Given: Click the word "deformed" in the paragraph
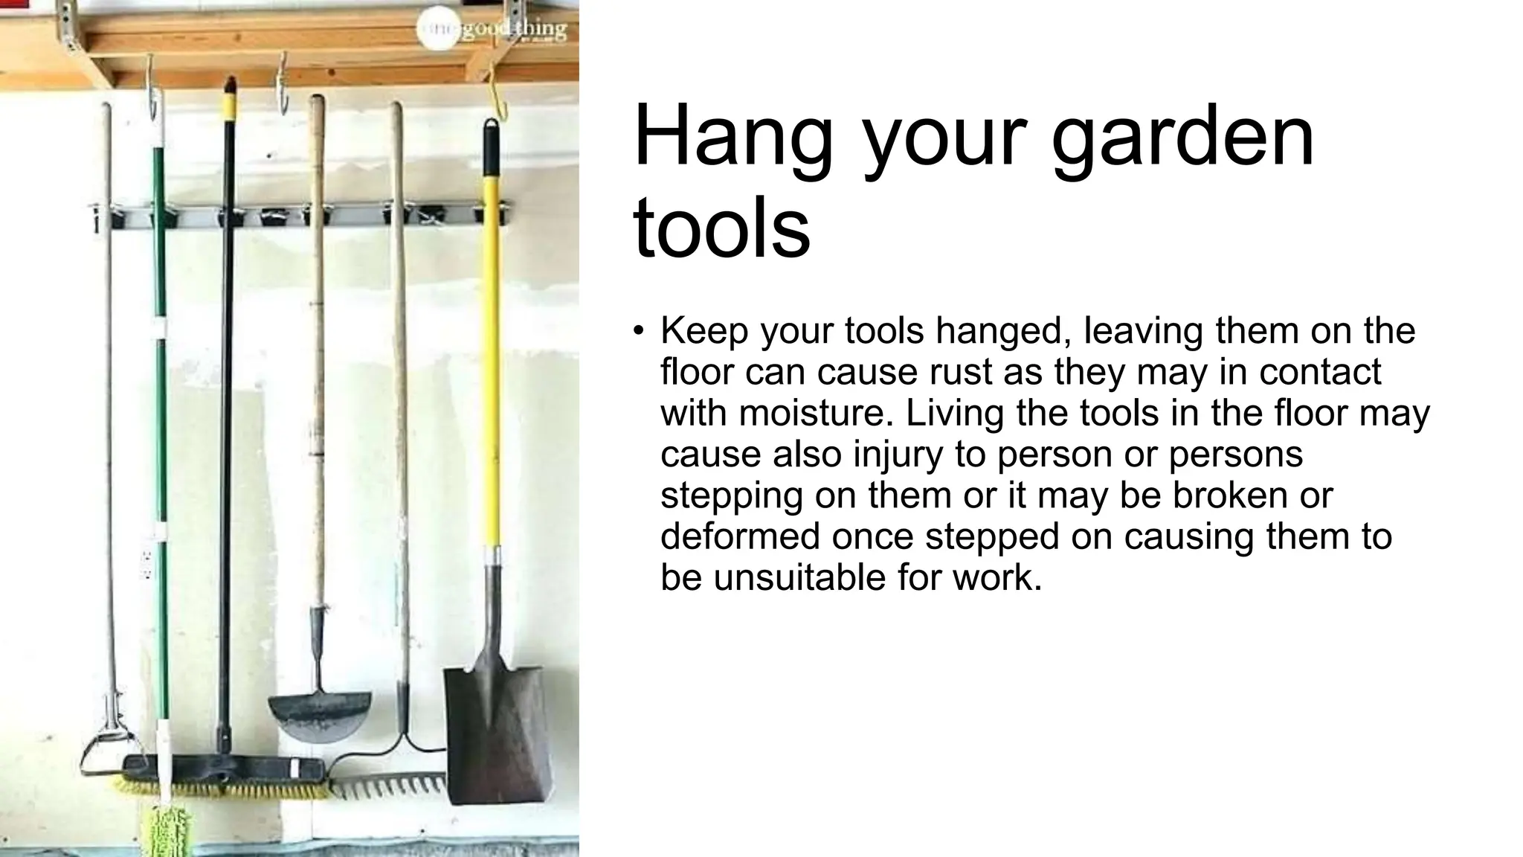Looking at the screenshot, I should [x=740, y=536].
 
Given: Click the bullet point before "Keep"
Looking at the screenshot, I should [x=638, y=330].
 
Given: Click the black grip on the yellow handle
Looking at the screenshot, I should [x=491, y=147].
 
